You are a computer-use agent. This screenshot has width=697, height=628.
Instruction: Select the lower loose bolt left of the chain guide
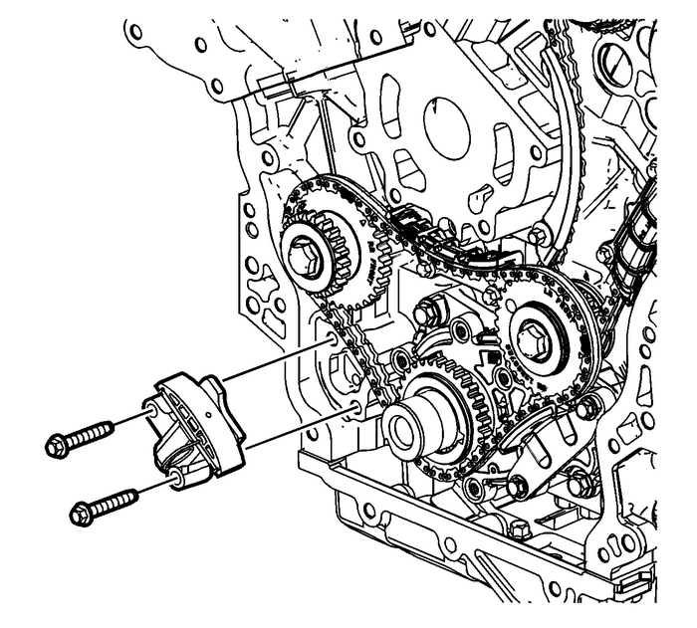coord(109,504)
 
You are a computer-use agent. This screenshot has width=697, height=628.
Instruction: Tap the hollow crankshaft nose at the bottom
coord(406,431)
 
